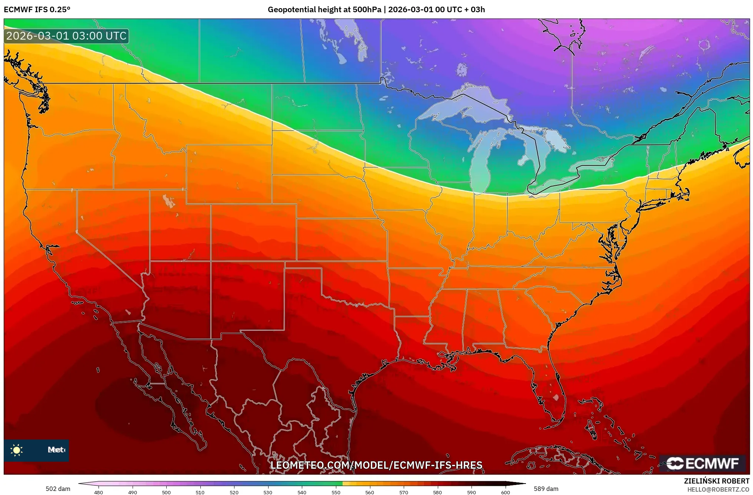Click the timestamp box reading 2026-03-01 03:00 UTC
click(66, 36)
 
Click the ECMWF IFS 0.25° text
click(37, 10)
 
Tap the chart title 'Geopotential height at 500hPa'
click(324, 10)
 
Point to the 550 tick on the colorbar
click(336, 492)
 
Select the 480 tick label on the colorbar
click(99, 492)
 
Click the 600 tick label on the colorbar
click(505, 492)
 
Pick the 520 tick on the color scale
click(234, 492)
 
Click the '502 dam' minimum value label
click(58, 489)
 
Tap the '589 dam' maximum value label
click(546, 489)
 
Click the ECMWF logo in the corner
click(702, 463)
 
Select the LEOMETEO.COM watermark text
click(376, 465)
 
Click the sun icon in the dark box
click(17, 450)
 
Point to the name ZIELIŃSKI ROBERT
click(716, 481)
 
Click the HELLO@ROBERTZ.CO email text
click(718, 489)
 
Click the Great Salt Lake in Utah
click(169, 201)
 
